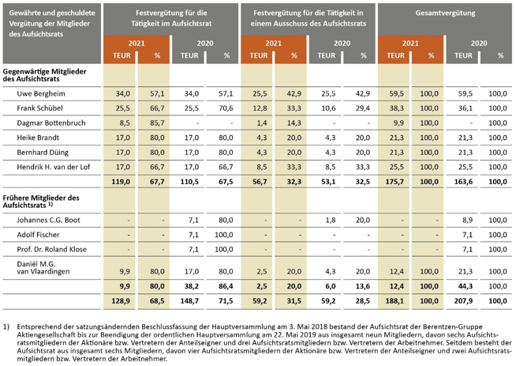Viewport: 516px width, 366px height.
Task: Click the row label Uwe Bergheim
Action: (x=41, y=93)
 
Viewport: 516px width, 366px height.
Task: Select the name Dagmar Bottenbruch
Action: (x=51, y=123)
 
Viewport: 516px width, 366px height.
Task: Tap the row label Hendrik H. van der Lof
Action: (x=54, y=167)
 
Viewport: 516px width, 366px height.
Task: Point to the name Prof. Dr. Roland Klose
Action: (x=51, y=249)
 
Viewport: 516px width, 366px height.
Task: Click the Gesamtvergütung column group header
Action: (x=445, y=13)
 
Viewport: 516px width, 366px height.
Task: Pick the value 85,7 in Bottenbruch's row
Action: (x=157, y=123)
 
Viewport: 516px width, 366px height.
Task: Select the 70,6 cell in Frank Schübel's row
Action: (x=226, y=108)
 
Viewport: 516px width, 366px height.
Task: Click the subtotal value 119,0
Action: (x=121, y=182)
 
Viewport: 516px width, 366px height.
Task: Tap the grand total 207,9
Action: (x=463, y=301)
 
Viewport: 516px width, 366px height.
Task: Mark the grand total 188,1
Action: (x=394, y=301)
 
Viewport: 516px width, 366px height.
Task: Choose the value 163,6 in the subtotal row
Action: (x=463, y=182)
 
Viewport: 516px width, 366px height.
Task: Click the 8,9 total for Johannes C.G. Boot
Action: (x=467, y=220)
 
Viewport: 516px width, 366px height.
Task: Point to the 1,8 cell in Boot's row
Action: (x=331, y=220)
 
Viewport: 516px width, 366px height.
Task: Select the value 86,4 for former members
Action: (x=226, y=286)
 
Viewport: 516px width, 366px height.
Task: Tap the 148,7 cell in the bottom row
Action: (x=189, y=301)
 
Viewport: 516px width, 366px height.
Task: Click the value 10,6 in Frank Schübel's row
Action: (x=328, y=108)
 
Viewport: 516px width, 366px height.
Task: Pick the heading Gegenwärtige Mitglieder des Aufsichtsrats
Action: (x=44, y=75)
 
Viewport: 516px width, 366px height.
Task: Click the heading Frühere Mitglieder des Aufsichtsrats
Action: (x=41, y=202)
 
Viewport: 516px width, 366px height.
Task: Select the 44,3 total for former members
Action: (x=466, y=286)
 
